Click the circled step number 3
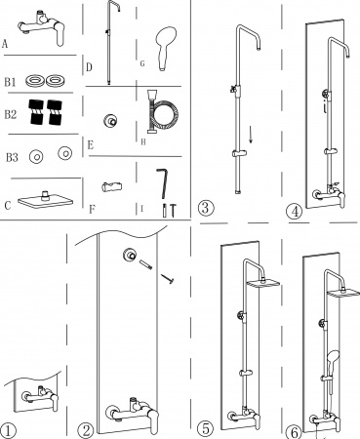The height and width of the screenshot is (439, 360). coord(206,207)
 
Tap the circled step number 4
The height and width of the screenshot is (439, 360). coord(295,212)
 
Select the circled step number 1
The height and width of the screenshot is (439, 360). coord(8,430)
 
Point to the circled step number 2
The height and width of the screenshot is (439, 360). coord(86,430)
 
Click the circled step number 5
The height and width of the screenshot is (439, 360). coord(206,428)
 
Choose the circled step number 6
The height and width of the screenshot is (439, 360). coord(294,432)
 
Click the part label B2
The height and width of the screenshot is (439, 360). coord(10,115)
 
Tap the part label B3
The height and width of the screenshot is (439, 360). coord(12,158)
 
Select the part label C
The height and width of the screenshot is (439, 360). coord(8,206)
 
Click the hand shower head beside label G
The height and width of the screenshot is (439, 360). coord(165,48)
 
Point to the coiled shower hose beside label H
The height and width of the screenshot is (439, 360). coord(163,112)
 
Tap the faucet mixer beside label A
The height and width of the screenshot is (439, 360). coord(42,28)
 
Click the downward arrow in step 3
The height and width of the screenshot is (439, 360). coord(251,133)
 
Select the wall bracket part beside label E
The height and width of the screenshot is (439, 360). coord(110,121)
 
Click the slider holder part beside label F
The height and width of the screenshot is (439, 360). coord(111,187)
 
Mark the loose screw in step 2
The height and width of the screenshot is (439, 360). coord(168,279)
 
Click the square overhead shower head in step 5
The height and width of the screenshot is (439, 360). coord(263,283)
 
